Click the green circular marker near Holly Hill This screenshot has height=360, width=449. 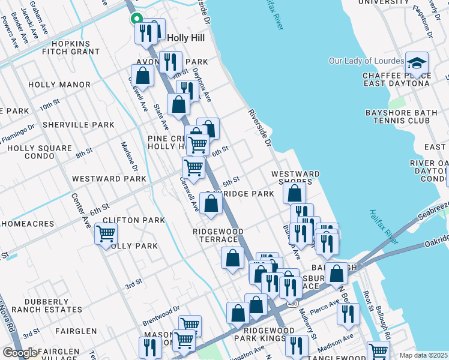pyautogui.click(x=136, y=18)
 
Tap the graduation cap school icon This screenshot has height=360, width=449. pyautogui.click(x=417, y=63)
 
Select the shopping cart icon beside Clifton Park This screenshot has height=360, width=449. pyautogui.click(x=106, y=233)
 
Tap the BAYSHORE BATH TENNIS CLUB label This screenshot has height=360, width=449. pyautogui.click(x=397, y=116)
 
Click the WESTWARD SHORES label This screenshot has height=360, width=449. pyautogui.click(x=295, y=178)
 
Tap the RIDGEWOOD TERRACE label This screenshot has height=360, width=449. pyautogui.click(x=218, y=235)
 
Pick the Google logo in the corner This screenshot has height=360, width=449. pyautogui.click(x=20, y=353)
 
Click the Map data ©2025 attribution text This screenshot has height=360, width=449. pyautogui.click(x=423, y=355)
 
